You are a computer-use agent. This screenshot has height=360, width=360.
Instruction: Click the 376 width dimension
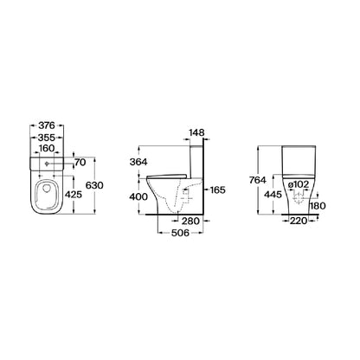point(47,125)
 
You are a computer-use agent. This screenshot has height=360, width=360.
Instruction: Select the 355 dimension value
point(47,138)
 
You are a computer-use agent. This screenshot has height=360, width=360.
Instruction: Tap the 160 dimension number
point(47,148)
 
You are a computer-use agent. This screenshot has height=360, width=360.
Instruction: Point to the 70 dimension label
point(80,163)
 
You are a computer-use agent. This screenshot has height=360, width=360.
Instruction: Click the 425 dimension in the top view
point(74,195)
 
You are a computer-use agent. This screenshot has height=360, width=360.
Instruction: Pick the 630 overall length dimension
point(94,185)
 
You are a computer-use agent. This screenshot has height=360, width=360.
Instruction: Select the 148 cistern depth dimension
point(196,132)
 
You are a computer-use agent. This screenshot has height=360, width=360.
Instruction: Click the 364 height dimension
point(138,162)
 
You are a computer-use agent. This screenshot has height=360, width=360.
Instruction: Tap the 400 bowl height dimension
point(138,196)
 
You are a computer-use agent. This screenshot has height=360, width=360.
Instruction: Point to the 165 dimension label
point(217,190)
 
